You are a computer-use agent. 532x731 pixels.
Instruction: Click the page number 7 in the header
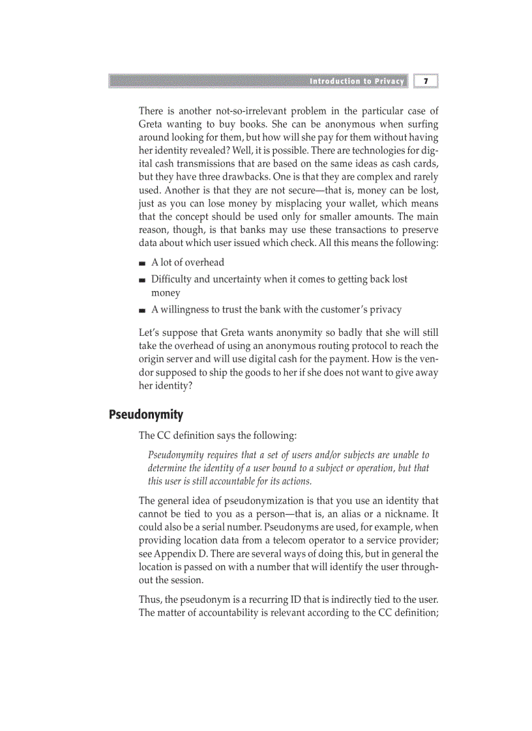(426, 81)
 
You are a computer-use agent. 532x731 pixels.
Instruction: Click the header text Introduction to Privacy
(357, 81)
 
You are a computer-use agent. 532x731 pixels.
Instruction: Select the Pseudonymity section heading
(146, 415)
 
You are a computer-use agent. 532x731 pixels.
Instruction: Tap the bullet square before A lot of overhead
(142, 263)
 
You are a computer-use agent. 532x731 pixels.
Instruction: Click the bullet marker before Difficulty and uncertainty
(142, 280)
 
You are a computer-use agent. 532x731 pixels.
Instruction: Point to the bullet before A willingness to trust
(142, 310)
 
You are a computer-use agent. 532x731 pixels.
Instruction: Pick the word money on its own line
(166, 293)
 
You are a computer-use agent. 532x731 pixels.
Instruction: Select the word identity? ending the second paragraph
(173, 385)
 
